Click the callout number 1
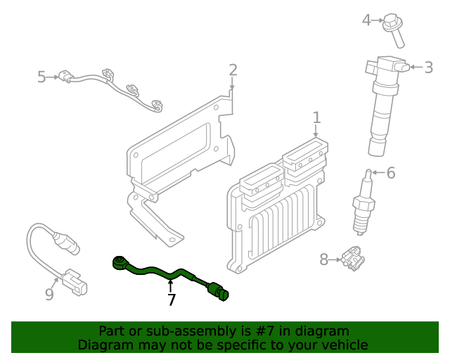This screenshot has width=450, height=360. (x=316, y=117)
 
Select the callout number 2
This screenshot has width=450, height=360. (x=233, y=70)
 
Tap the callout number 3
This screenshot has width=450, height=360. (x=429, y=67)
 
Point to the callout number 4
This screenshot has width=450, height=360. (x=366, y=20)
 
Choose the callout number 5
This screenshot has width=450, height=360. (x=41, y=77)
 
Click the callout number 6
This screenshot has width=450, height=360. (x=391, y=172)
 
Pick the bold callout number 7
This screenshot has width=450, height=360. (x=172, y=300)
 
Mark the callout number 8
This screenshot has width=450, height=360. (x=324, y=259)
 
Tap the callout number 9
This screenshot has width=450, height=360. (x=49, y=295)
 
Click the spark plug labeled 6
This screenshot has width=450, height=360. (x=363, y=204)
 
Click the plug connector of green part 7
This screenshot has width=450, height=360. (x=221, y=292)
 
